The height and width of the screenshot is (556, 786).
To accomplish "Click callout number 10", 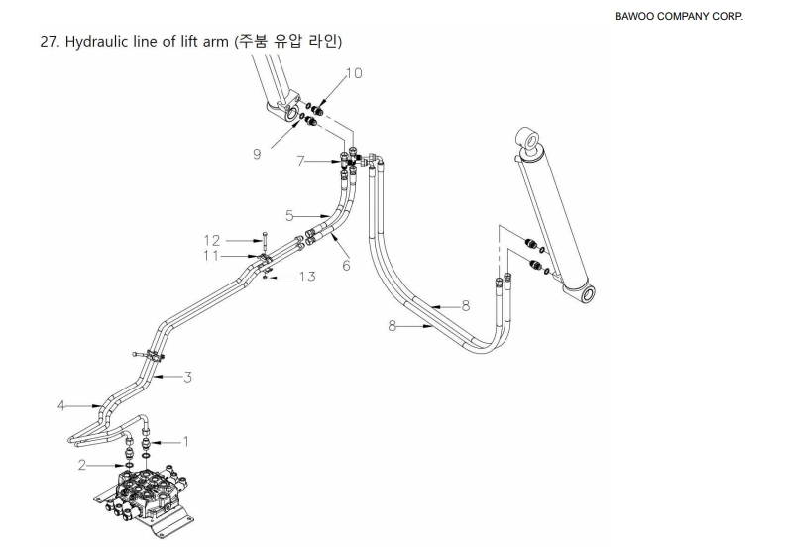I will pyautogui.click(x=355, y=73).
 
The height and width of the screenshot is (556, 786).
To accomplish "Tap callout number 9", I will pyautogui.click(x=257, y=153).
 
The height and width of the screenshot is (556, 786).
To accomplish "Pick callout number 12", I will pyautogui.click(x=211, y=239).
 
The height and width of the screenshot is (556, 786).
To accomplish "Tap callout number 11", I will pyautogui.click(x=211, y=257).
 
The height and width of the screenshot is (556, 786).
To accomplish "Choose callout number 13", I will pyautogui.click(x=308, y=277).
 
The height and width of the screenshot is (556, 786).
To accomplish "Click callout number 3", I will pyautogui.click(x=186, y=376).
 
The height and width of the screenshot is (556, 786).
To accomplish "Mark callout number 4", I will pyautogui.click(x=61, y=404).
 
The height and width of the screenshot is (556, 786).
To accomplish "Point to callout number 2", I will pyautogui.click(x=84, y=463).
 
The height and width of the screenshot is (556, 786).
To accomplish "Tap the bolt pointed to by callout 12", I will pyautogui.click(x=267, y=244).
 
